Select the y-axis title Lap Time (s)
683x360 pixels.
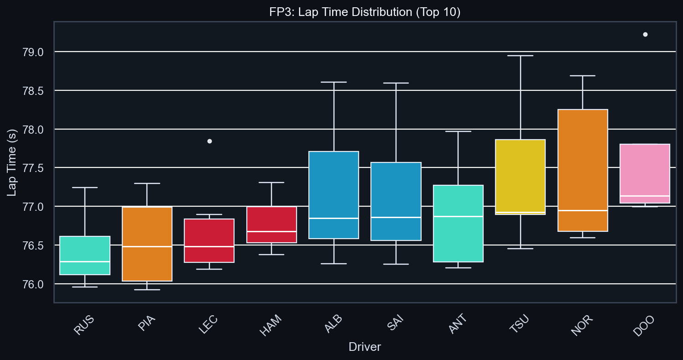12,162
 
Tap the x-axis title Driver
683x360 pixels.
365,347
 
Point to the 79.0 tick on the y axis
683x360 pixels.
33,52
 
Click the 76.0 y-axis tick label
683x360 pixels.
33,284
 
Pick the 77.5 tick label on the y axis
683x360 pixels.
33,168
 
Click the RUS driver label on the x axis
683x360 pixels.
84,325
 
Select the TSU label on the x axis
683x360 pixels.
520,325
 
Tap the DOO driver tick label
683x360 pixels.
644,325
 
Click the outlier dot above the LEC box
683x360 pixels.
209,141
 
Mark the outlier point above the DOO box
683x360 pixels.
645,34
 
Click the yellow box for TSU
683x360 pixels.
521,176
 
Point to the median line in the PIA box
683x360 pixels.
147,246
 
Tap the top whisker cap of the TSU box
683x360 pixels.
521,56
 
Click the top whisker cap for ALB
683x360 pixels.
334,82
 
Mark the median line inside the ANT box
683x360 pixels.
458,216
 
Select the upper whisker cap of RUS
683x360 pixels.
85,188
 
